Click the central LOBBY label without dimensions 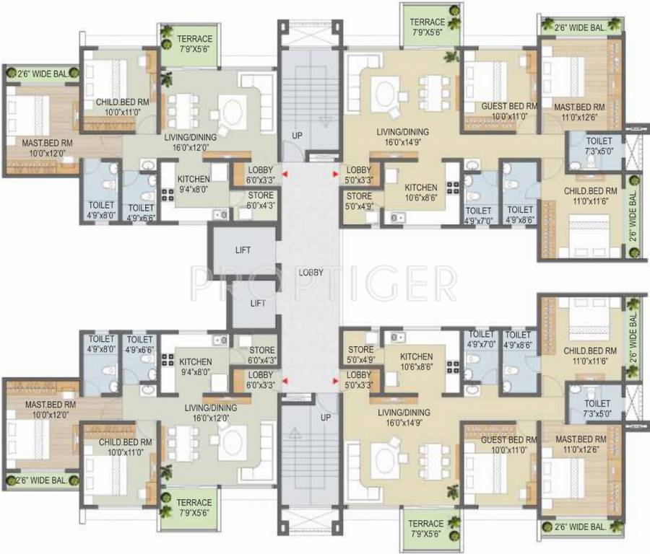[311, 273]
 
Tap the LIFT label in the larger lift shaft [243, 250]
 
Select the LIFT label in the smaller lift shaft [257, 304]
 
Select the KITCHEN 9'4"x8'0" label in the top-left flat [194, 184]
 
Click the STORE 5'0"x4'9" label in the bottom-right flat [360, 354]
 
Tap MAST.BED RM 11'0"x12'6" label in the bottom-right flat [581, 444]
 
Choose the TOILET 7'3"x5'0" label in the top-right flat [599, 146]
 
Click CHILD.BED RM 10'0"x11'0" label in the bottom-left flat [125, 447]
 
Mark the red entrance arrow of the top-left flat [285, 175]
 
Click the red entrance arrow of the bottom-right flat [335, 379]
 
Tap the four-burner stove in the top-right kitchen [453, 188]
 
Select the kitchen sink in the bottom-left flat [220, 340]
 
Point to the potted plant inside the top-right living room [451, 56]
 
